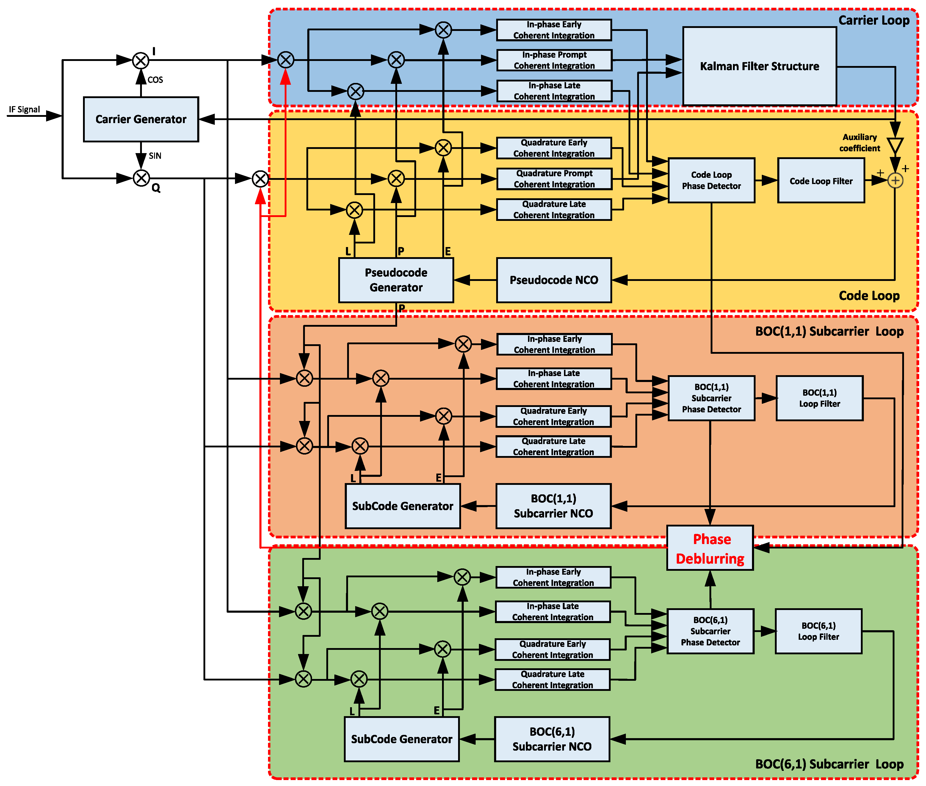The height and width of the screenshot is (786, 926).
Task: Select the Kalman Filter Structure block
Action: pyautogui.click(x=759, y=66)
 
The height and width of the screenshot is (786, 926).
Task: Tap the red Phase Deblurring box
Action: pyautogui.click(x=710, y=548)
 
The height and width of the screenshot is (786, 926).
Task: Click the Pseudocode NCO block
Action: pyautogui.click(x=554, y=280)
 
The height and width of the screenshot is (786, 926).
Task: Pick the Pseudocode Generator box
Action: pyautogui.click(x=396, y=280)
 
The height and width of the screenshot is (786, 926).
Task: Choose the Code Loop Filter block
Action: pyautogui.click(x=821, y=180)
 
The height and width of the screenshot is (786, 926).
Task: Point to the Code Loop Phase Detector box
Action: pyautogui.click(x=711, y=180)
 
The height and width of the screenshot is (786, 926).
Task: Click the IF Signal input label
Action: pyautogui.click(x=24, y=109)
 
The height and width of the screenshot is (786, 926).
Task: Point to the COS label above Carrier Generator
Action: pyautogui.click(x=155, y=80)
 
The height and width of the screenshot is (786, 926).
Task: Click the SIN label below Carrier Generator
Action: pyautogui.click(x=155, y=155)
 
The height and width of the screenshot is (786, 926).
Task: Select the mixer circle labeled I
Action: pyautogui.click(x=141, y=60)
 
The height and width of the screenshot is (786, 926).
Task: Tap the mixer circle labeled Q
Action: pyautogui.click(x=141, y=178)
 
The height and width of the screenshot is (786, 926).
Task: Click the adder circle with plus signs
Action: pyautogui.click(x=895, y=180)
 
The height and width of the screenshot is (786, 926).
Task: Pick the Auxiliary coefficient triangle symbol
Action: pyautogui.click(x=895, y=146)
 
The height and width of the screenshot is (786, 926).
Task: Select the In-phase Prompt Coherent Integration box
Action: pyautogui.click(x=554, y=60)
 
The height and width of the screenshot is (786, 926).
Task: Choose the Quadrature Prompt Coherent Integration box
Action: pyautogui.click(x=554, y=179)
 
